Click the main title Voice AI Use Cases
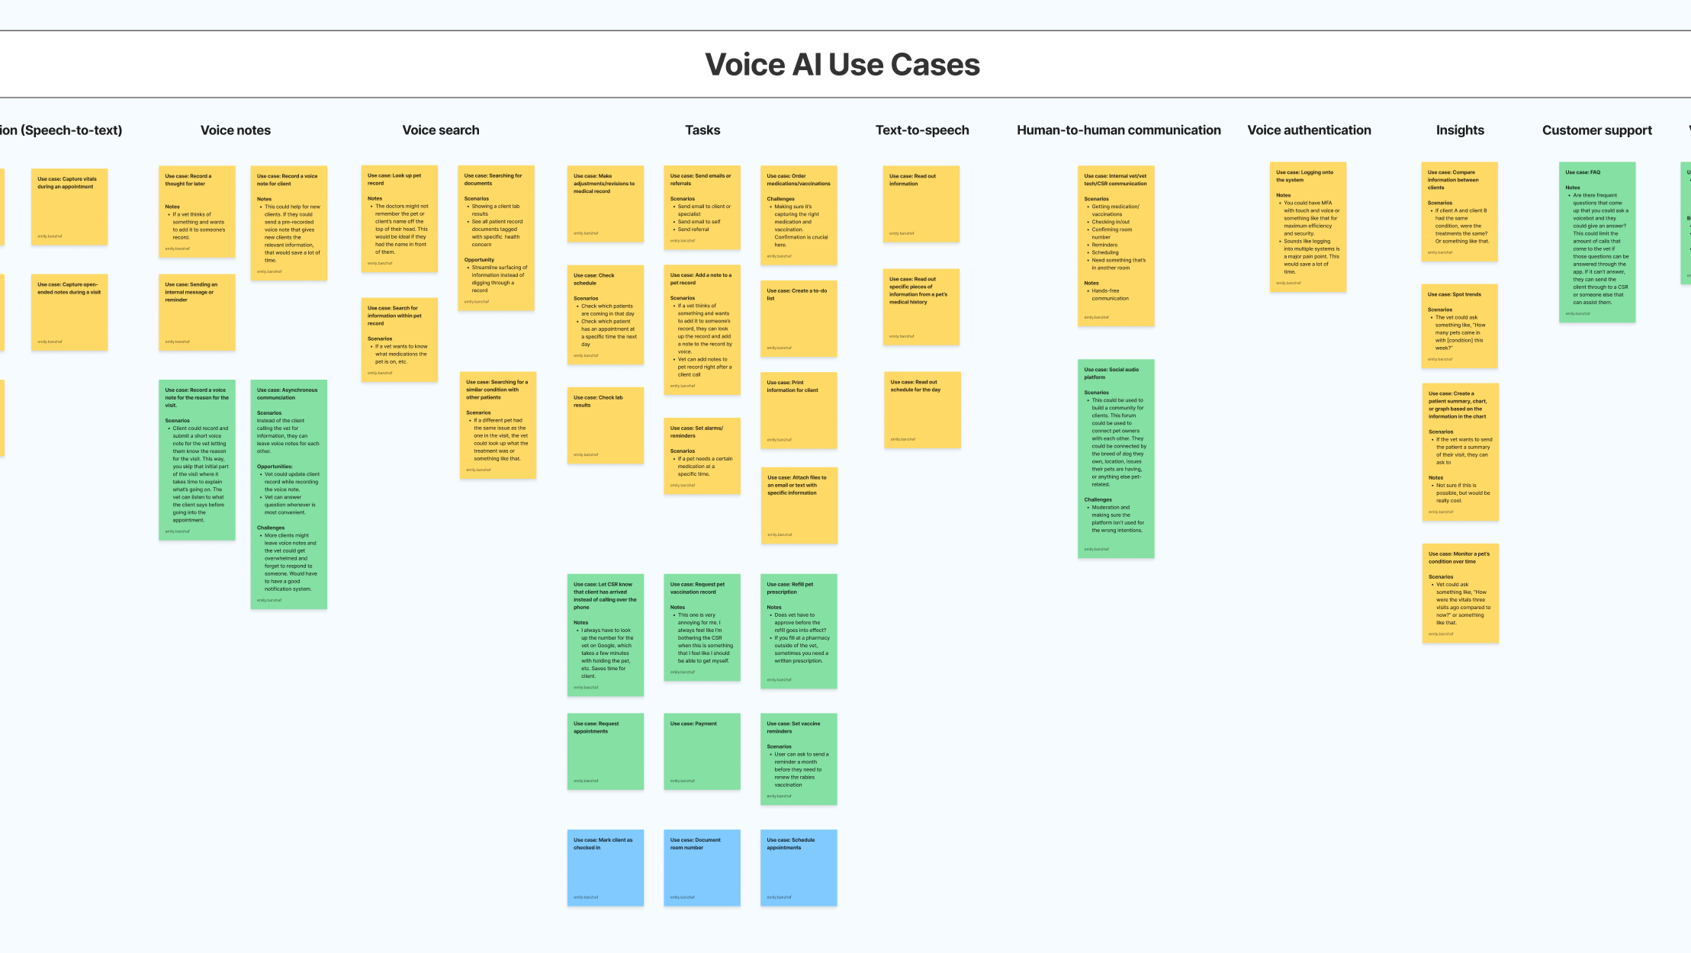pyautogui.click(x=842, y=65)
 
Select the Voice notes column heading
pyautogui.click(x=235, y=130)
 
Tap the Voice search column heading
pyautogui.click(x=441, y=130)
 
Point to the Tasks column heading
pyautogui.click(x=702, y=130)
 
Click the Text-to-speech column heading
pyautogui.click(x=922, y=130)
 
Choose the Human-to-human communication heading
pyautogui.click(x=1118, y=130)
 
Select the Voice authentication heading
pyautogui.click(x=1309, y=130)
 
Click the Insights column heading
pyautogui.click(x=1460, y=130)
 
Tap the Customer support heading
pyautogui.click(x=1596, y=130)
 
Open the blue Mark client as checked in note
pyautogui.click(x=605, y=868)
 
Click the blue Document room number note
pyautogui.click(x=702, y=868)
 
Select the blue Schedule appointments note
pyautogui.click(x=799, y=868)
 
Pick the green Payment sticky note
pyautogui.click(x=702, y=751)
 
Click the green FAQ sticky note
pyautogui.click(x=1596, y=242)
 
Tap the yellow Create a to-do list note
pyautogui.click(x=799, y=319)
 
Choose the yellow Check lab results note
pyautogui.click(x=605, y=425)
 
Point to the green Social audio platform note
pyautogui.click(x=1115, y=458)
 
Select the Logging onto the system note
pyautogui.click(x=1307, y=227)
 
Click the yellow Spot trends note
pyautogui.click(x=1459, y=326)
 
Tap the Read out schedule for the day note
pyautogui.click(x=922, y=410)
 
